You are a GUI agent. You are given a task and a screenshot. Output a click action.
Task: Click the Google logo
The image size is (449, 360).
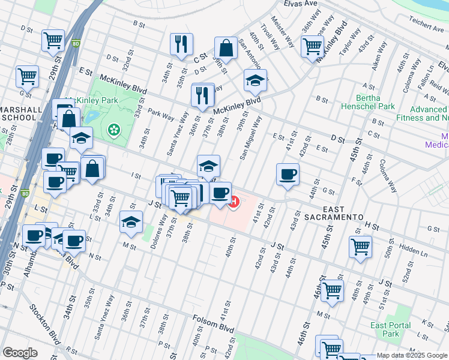point(20,353)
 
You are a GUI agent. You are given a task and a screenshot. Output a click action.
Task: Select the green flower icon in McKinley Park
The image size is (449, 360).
point(113,130)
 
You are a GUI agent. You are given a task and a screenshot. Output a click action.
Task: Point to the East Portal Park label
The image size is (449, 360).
point(391,329)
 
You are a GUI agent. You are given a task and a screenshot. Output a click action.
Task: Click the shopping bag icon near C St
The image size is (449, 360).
point(226,47)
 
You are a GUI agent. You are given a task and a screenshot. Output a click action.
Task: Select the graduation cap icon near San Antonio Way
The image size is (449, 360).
point(255,80)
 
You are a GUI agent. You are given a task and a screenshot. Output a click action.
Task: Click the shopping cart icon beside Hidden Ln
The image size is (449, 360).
point(360,246)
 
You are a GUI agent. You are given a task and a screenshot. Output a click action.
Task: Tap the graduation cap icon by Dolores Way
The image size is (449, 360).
point(131,222)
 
